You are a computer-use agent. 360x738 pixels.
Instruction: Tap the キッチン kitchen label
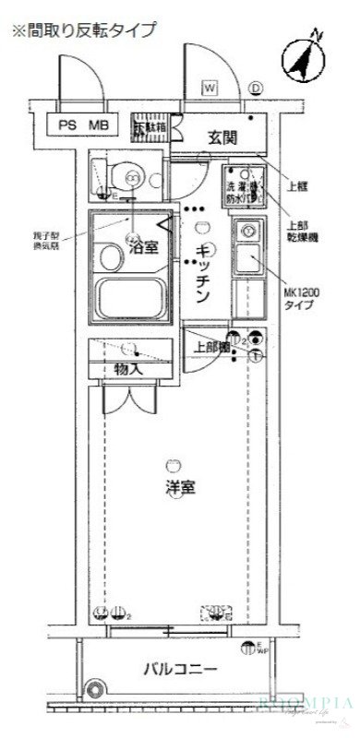[205, 269]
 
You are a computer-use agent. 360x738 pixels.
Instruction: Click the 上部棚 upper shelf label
[210, 349]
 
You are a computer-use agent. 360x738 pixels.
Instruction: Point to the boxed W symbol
[210, 89]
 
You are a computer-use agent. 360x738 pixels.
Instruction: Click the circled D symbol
[256, 89]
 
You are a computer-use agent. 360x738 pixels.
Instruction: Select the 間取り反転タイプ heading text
[83, 30]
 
